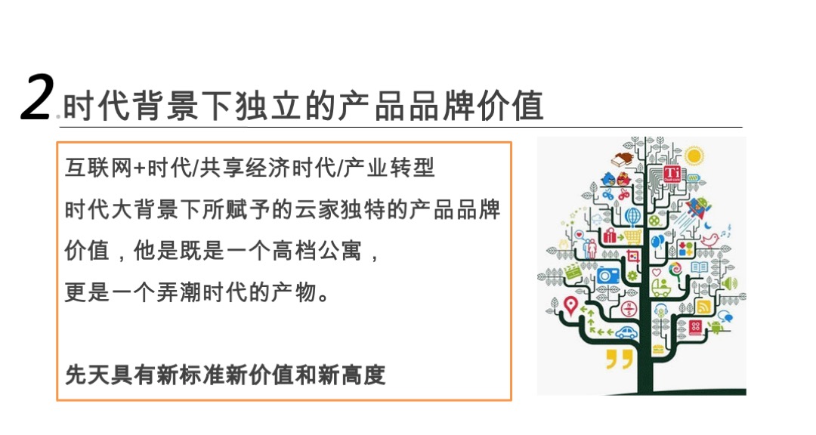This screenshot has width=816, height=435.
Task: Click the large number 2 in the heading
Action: point(37,97)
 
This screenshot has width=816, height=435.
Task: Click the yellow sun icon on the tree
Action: point(694,156)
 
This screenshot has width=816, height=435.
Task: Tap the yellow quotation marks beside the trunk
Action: point(619,358)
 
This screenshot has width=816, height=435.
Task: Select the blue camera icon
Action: point(608,274)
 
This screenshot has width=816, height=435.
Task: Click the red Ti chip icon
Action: point(672,173)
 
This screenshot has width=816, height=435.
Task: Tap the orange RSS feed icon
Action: point(703,307)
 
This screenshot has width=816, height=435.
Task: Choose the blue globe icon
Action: point(632,217)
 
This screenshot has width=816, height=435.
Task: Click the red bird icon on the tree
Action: point(709,239)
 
